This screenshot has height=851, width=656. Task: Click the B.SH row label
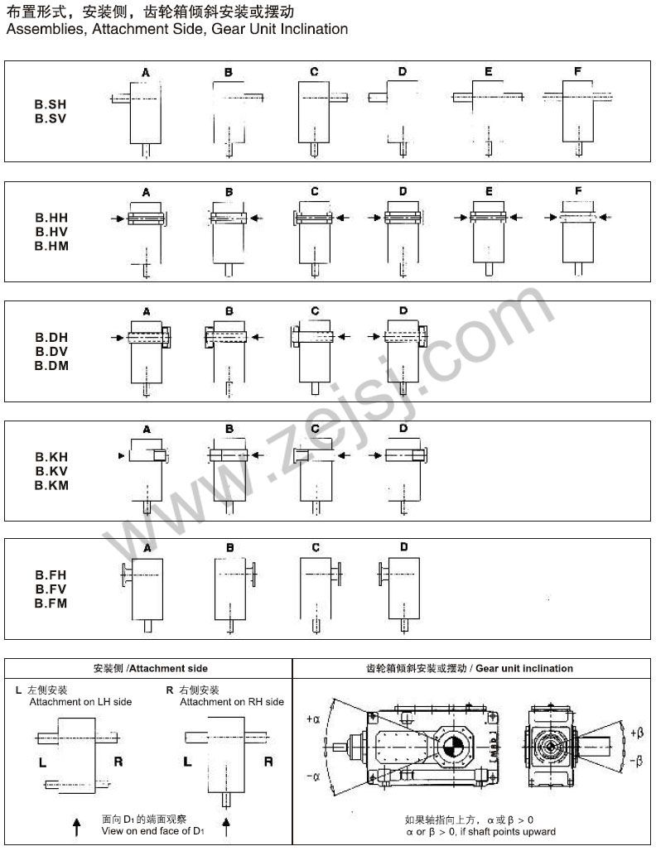point(51,104)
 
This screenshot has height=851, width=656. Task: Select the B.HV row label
point(51,232)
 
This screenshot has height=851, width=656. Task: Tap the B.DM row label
point(51,366)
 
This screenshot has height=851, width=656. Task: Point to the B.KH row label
point(51,457)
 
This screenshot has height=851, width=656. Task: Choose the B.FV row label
point(51,589)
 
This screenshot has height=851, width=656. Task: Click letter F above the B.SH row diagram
point(577,71)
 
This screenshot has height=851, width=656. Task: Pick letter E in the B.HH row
point(489,191)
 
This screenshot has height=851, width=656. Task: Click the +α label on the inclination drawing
point(313,719)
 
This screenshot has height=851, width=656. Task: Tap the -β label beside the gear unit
point(636,761)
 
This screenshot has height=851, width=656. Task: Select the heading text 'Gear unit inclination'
point(524,668)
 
